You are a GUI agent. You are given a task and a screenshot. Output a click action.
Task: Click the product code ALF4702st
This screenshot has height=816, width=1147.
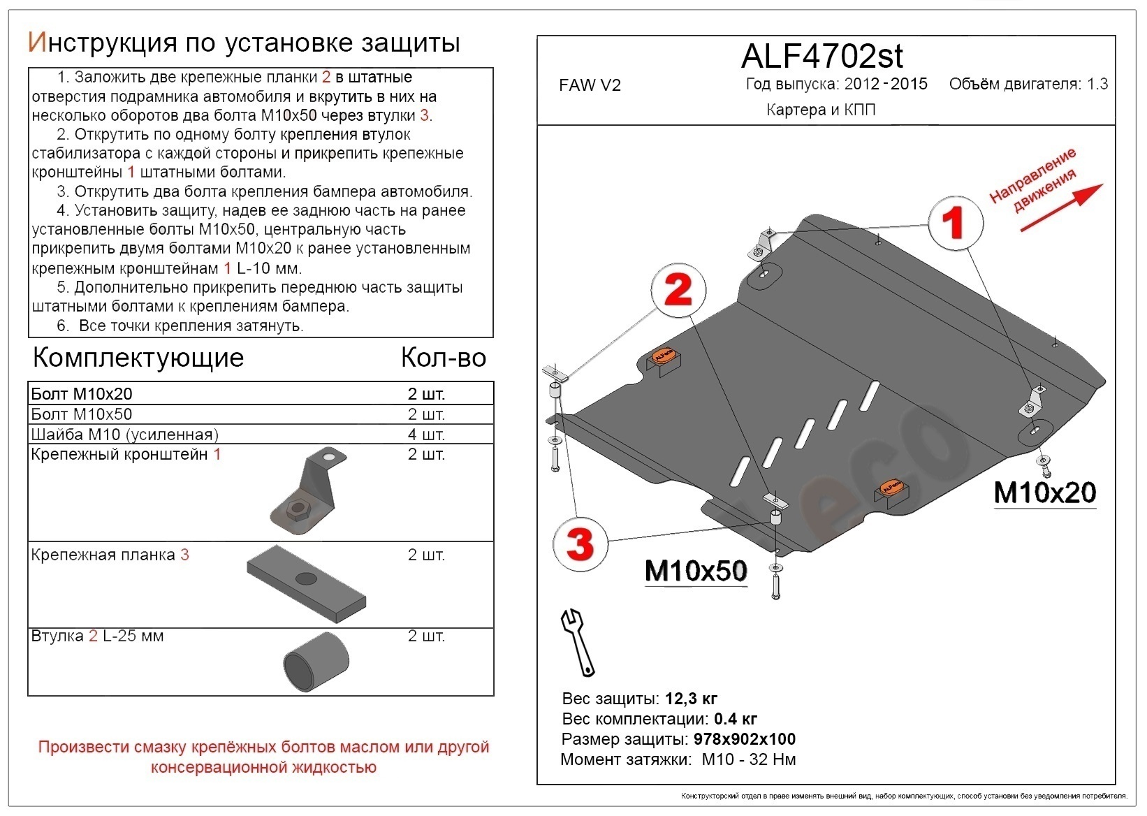click(821, 56)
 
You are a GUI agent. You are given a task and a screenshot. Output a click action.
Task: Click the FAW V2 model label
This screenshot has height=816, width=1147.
click(590, 85)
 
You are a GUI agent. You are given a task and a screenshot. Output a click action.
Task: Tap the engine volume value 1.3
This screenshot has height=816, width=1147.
click(1097, 85)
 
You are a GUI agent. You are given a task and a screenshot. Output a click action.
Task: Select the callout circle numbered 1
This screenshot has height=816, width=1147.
click(954, 222)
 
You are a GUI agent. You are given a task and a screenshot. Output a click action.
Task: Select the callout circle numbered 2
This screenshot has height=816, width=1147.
click(678, 289)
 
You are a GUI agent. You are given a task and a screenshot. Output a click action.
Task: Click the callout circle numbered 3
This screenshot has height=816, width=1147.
click(580, 543)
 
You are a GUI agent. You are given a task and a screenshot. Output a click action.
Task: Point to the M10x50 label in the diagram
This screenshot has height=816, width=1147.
click(695, 571)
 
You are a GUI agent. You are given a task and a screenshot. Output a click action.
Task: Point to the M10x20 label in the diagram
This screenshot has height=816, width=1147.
click(1044, 493)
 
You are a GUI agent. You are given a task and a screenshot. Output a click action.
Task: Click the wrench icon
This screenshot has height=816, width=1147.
click(578, 641)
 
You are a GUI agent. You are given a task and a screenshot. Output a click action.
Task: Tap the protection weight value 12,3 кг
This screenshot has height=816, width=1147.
click(691, 699)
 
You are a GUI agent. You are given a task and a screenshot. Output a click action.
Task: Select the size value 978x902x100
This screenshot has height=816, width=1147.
click(744, 739)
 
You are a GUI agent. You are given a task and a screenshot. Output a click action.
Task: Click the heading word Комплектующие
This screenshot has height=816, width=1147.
click(138, 358)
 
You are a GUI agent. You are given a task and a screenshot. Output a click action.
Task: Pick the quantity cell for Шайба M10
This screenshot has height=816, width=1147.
click(426, 435)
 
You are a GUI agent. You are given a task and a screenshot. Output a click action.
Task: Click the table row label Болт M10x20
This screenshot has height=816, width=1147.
click(82, 394)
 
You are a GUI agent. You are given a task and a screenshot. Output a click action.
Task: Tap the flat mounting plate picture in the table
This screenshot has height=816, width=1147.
click(306, 585)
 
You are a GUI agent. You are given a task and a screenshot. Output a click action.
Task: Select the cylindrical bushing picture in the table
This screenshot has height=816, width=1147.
click(316, 662)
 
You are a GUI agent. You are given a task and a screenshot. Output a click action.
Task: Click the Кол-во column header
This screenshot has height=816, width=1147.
click(443, 358)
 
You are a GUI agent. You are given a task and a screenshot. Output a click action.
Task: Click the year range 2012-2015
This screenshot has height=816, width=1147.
click(885, 85)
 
